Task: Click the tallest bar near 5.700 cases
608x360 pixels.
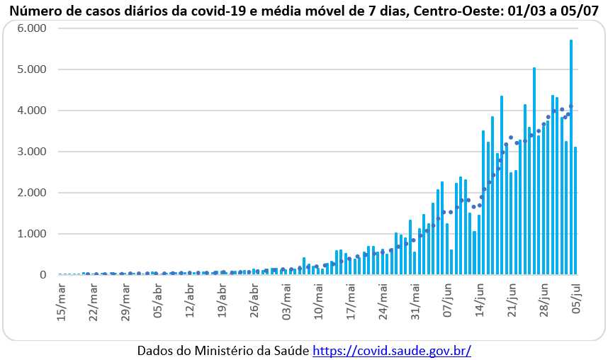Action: pos(571,156)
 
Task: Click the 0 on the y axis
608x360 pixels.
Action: pos(43,275)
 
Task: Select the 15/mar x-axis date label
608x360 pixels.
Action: pos(63,300)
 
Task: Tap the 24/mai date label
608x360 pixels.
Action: pos(383,300)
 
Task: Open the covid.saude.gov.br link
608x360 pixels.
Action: pos(391,351)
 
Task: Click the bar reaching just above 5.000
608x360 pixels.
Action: pos(534,170)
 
